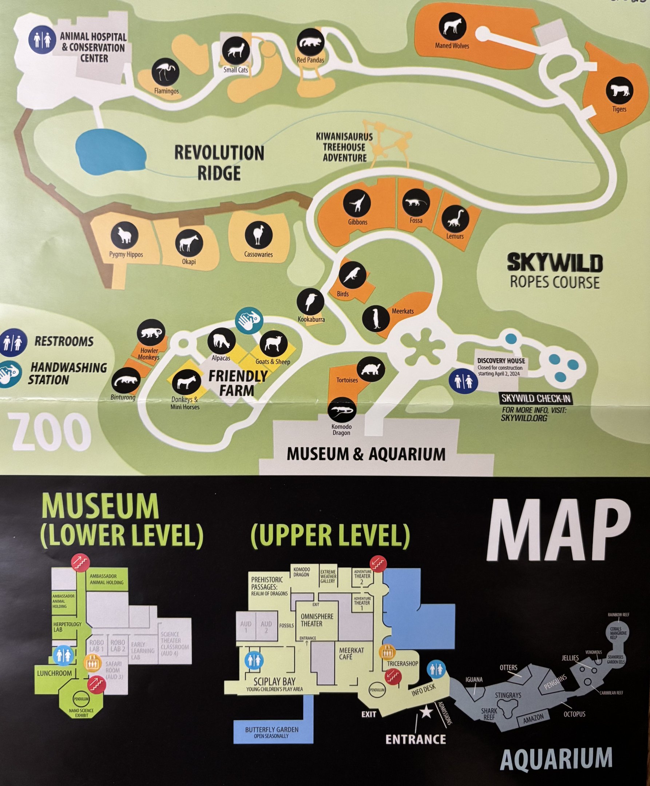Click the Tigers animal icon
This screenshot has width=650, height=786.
point(619,90)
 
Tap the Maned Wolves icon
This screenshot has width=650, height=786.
point(452,26)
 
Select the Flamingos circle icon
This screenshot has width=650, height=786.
point(166,71)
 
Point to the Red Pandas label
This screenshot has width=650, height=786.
point(310,60)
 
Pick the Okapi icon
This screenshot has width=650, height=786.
point(189,243)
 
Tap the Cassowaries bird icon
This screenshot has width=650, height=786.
point(258,235)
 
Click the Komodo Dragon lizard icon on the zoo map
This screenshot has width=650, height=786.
point(342,410)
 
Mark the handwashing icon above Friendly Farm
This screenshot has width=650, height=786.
point(249,320)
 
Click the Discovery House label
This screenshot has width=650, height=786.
point(501,361)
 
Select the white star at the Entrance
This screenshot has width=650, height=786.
point(426,712)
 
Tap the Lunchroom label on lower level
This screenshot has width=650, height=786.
point(54,673)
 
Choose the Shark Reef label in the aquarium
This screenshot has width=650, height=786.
point(489,714)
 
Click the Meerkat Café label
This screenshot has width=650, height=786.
point(351,653)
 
